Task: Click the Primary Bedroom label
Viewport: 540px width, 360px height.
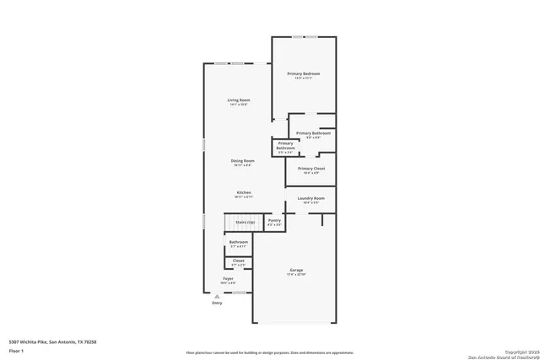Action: [x=303, y=74]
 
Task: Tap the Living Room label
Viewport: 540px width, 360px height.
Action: [x=239, y=100]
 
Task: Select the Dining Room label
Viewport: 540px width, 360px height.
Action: [x=243, y=160]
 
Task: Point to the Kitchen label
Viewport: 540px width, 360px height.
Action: [x=243, y=192]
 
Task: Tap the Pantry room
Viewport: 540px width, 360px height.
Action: [x=274, y=222]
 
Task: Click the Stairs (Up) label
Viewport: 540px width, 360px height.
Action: [x=245, y=222]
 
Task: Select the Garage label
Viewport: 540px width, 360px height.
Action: [x=296, y=270]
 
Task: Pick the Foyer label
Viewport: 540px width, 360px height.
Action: [x=228, y=278]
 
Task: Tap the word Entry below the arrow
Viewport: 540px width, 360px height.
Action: [x=217, y=303]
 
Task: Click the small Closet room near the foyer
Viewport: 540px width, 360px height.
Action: [x=239, y=263]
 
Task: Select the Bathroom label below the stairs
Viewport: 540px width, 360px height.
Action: [x=239, y=243]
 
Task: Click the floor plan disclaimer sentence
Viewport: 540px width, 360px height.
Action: [x=270, y=352]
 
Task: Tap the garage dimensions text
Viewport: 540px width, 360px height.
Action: [x=296, y=275]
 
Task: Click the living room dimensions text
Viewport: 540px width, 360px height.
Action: [x=239, y=105]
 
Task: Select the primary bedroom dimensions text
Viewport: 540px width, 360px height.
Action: [x=303, y=79]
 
